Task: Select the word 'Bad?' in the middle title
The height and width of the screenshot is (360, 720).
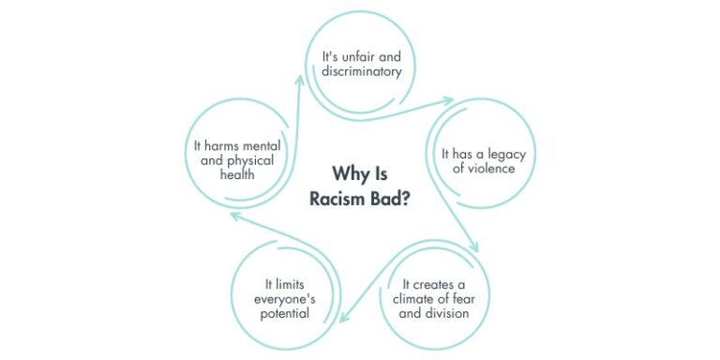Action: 392,199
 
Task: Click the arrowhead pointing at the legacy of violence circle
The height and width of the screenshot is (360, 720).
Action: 447,100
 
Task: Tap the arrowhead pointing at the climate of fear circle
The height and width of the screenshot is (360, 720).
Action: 475,247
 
